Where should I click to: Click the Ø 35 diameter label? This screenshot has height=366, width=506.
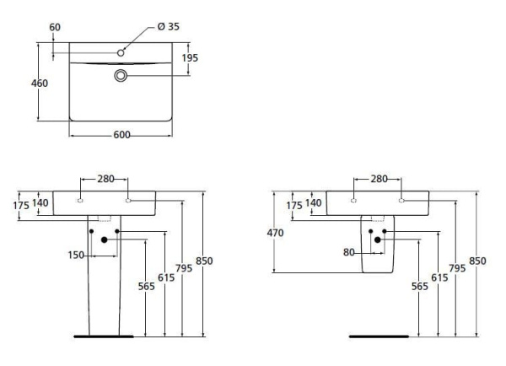click(x=167, y=26)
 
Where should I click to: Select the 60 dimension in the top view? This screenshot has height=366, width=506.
click(x=55, y=27)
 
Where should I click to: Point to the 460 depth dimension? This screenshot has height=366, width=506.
click(x=39, y=83)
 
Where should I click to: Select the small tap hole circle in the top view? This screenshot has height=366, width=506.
click(x=121, y=53)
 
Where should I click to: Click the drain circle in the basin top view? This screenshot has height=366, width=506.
click(x=121, y=76)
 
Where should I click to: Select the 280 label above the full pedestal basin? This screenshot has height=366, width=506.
click(x=105, y=179)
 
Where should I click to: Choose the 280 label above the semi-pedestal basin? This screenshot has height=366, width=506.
click(x=379, y=179)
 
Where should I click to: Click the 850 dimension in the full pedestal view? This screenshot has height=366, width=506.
click(x=204, y=261)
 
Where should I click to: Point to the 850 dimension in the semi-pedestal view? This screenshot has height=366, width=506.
click(x=477, y=261)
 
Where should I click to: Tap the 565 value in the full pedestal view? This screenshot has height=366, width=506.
click(x=147, y=286)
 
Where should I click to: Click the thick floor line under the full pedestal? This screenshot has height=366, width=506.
click(x=104, y=335)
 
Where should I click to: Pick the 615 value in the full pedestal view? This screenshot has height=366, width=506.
click(x=165, y=277)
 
